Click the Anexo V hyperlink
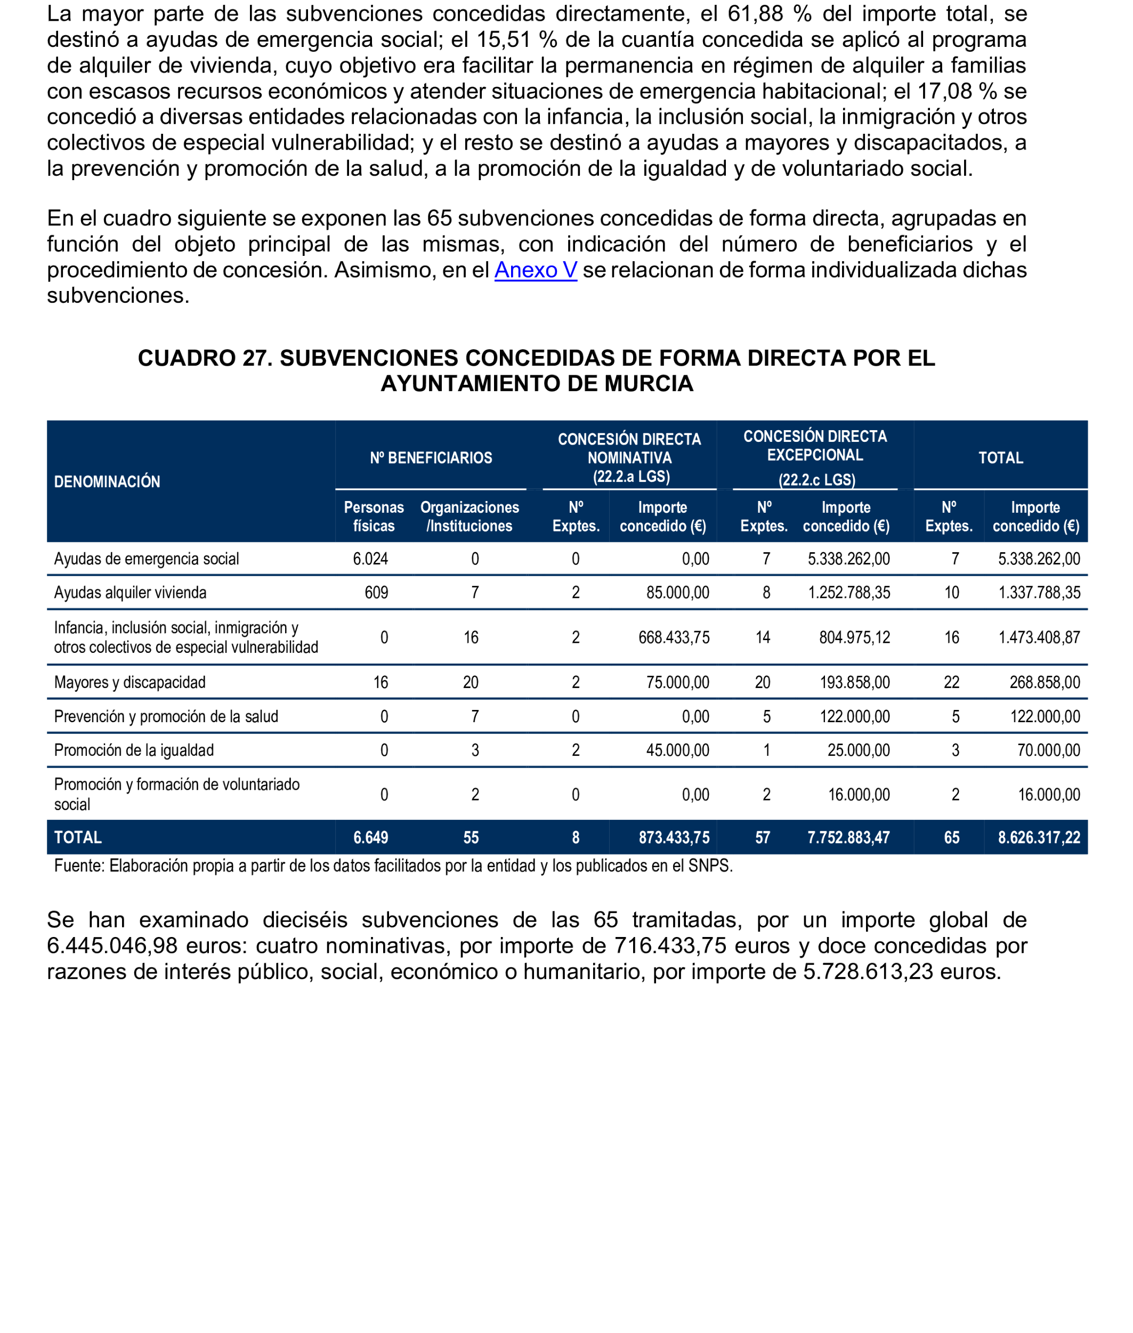tap(535, 270)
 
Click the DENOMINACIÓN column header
tap(107, 481)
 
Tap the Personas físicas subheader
tap(373, 516)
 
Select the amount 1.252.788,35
tap(848, 592)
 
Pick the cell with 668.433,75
tap(673, 637)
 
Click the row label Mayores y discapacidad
tap(130, 682)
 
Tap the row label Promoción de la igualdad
tap(134, 750)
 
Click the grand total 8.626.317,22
tap(1039, 837)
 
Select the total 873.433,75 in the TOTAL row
tap(674, 837)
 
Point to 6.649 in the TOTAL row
tap(370, 837)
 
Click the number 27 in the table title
tap(254, 358)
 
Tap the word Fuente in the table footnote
tap(79, 866)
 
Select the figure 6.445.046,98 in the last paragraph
tap(112, 946)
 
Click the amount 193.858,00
tap(854, 682)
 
